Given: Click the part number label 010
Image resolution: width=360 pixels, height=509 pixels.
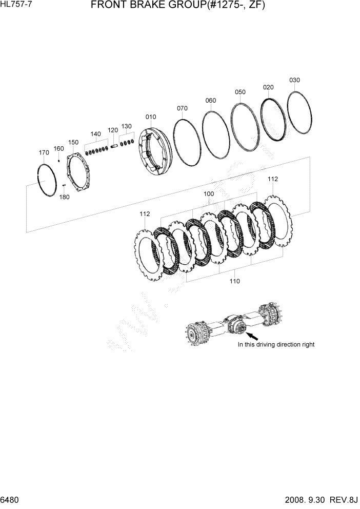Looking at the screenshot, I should tap(151, 116).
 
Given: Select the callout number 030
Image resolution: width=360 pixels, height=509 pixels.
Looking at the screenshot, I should tap(294, 80).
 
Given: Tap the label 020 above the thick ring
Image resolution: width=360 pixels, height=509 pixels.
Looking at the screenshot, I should tap(268, 87).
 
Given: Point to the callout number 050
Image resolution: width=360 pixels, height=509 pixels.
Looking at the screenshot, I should tap(240, 92).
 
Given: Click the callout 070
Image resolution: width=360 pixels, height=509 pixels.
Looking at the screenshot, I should tap(182, 108).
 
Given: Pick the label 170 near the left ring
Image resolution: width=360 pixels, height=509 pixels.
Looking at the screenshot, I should tap(44, 152).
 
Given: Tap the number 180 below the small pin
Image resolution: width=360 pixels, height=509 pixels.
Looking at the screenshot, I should tap(64, 197).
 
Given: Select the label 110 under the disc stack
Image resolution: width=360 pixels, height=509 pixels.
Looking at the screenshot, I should tap(234, 281).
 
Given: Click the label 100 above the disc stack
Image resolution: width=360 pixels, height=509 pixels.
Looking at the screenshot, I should tap(209, 194).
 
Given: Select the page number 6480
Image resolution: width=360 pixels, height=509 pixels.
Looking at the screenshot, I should tap(10, 499).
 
